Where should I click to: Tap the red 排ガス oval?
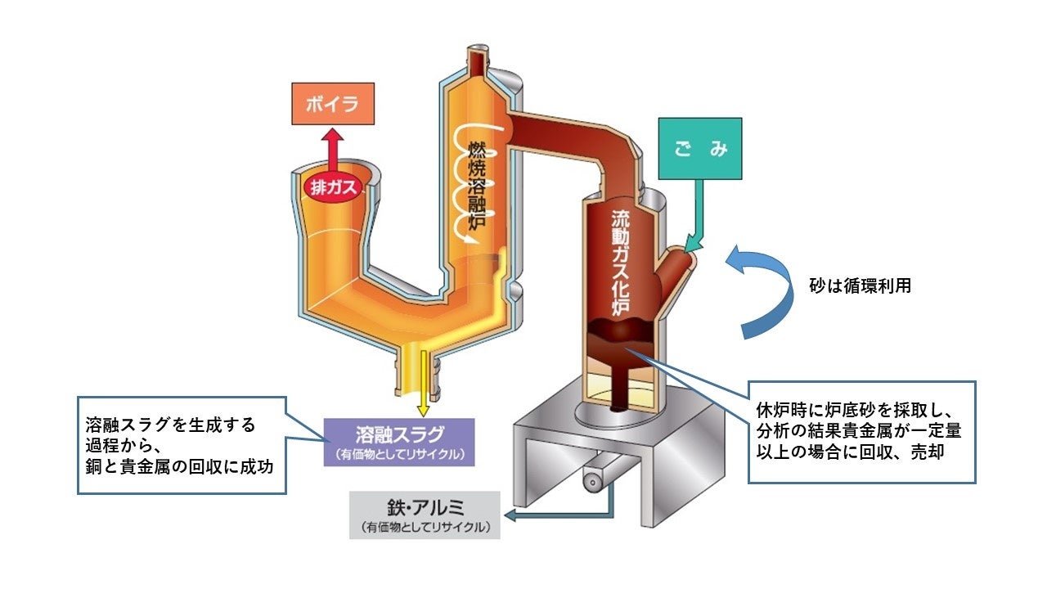click(x=333, y=187)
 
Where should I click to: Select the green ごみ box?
click(x=699, y=149)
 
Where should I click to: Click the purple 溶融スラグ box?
click(x=398, y=442)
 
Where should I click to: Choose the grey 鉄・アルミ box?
click(x=424, y=515)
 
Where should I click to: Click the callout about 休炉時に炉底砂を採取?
click(x=861, y=431)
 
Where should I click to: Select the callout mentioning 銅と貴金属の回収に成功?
click(x=182, y=445)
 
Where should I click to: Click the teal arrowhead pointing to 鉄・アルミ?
click(x=510, y=516)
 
